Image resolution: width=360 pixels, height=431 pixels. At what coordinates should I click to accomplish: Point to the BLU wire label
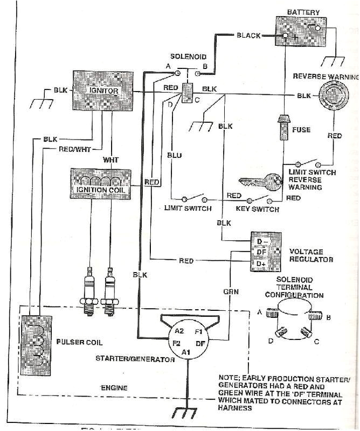tap(175, 156)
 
